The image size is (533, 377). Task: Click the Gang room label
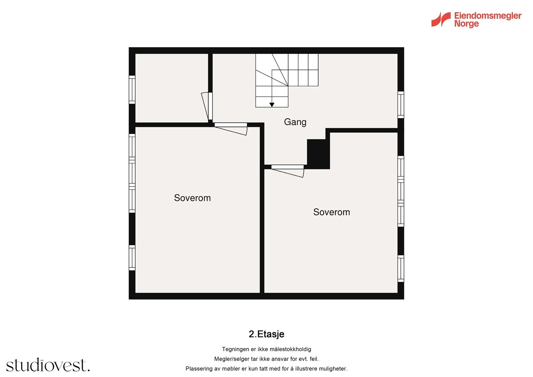click(x=295, y=122)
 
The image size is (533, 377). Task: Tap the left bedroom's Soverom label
click(x=192, y=198)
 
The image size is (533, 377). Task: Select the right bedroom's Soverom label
click(x=331, y=212)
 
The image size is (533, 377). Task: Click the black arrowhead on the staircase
click(x=272, y=105)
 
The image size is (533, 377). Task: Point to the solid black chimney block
click(x=318, y=154)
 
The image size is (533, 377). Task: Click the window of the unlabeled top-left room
click(x=132, y=90)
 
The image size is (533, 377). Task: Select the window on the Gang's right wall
click(x=401, y=105)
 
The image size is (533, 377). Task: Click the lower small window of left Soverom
click(x=132, y=258)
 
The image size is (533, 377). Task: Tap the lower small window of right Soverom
click(x=401, y=268)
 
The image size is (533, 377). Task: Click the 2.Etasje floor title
click(x=266, y=334)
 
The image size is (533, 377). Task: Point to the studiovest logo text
click(x=48, y=365)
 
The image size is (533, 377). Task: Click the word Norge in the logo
click(x=466, y=24)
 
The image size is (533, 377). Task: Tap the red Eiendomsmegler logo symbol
click(x=441, y=19)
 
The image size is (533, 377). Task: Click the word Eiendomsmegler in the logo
click(x=488, y=16)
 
